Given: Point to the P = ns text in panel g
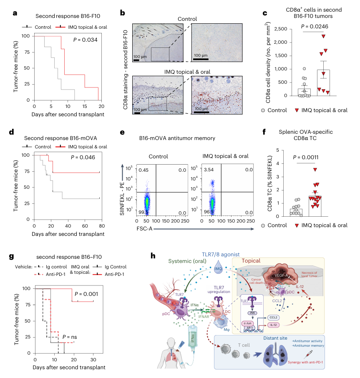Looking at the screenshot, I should coord(70,337).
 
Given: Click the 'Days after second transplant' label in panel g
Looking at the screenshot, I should coord(69,368).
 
